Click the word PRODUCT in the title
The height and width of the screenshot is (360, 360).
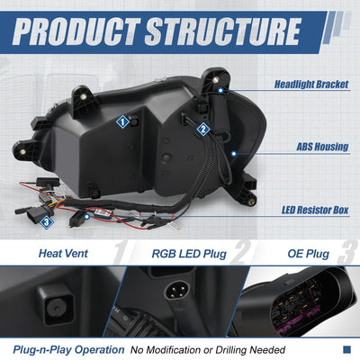click(x=76, y=31)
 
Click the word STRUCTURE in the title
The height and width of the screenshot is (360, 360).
click(x=223, y=31)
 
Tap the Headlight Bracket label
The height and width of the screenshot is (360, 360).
click(x=311, y=85)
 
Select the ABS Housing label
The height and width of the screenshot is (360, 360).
click(x=322, y=147)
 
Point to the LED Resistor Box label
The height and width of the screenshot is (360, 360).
click(x=315, y=210)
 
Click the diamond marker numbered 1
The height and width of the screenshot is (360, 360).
click(x=122, y=122)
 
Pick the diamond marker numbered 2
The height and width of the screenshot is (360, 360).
click(x=203, y=130)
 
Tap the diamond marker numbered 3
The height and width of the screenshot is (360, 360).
click(x=47, y=222)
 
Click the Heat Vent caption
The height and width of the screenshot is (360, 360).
click(x=63, y=254)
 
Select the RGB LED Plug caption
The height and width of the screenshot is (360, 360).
click(x=189, y=254)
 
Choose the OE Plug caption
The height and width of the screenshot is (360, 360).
click(x=308, y=254)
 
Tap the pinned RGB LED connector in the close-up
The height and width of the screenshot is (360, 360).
click(x=177, y=289)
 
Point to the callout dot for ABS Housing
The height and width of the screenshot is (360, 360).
click(x=234, y=154)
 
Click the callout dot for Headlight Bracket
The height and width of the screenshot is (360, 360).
click(x=220, y=90)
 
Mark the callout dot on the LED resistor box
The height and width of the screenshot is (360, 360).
click(x=86, y=216)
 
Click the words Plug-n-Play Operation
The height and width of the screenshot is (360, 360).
click(x=68, y=350)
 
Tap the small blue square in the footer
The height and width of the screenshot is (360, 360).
click(x=346, y=349)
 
